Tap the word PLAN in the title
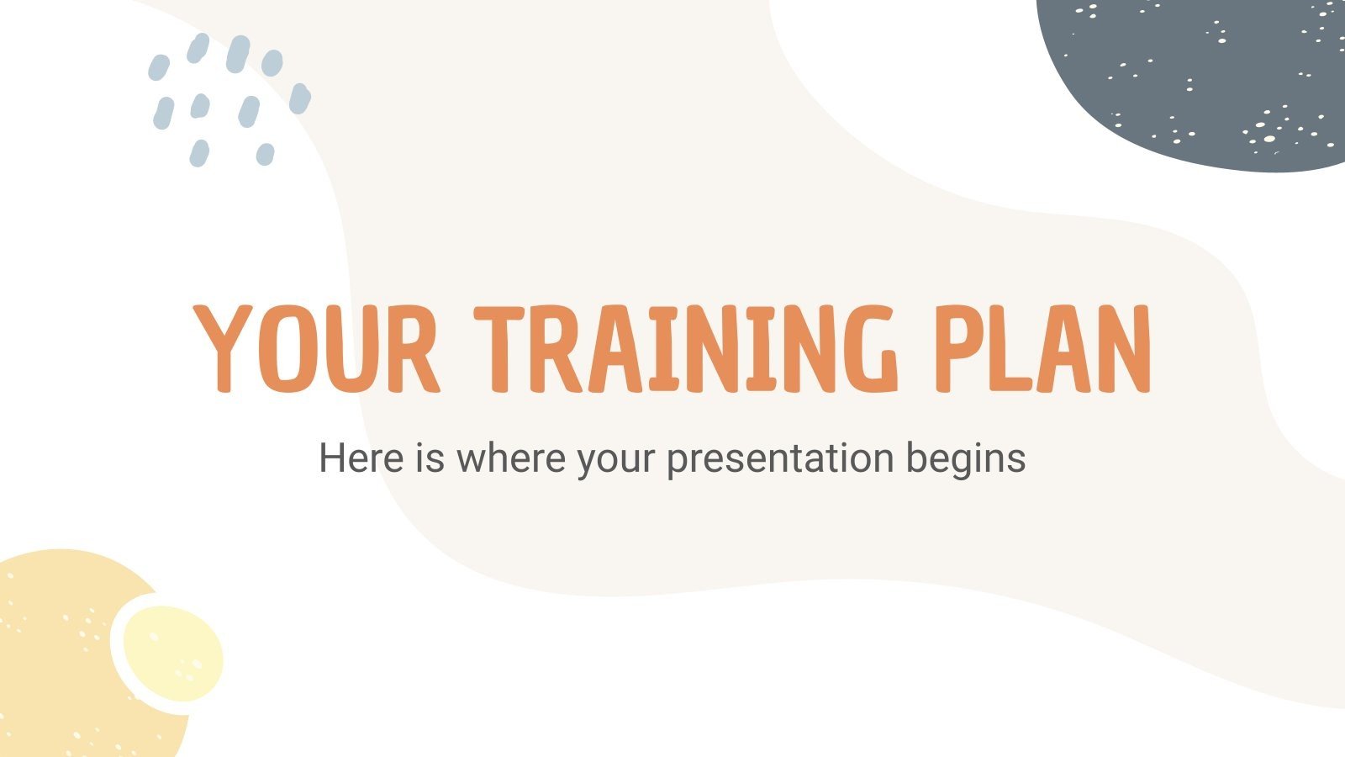pyautogui.click(x=1042, y=348)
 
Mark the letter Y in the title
pyautogui.click(x=221, y=348)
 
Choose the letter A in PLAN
pyautogui.click(x=1058, y=348)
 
